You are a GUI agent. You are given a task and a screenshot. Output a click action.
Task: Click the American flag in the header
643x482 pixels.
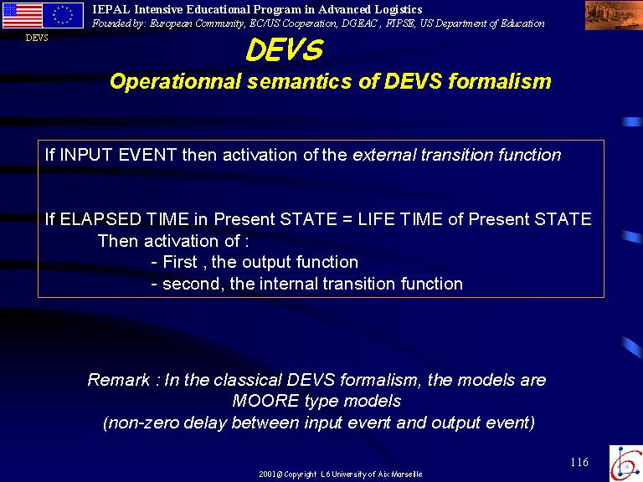(x=22, y=16)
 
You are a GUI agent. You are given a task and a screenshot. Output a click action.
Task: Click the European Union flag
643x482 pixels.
(x=63, y=16)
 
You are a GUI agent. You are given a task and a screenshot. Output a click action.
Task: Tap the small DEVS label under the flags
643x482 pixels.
(x=37, y=38)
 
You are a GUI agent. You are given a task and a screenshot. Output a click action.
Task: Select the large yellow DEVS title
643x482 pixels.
(x=285, y=50)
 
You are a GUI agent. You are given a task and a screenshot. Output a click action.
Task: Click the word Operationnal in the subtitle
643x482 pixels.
(x=176, y=81)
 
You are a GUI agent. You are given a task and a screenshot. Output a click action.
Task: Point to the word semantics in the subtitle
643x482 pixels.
(x=300, y=81)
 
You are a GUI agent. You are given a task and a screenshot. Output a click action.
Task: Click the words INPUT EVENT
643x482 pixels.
(x=118, y=155)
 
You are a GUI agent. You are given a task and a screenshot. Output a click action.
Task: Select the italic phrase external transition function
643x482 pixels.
(x=457, y=155)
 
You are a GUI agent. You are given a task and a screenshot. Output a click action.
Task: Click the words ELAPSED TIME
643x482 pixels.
(x=125, y=219)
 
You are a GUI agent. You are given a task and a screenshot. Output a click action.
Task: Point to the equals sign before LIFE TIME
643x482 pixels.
(x=347, y=220)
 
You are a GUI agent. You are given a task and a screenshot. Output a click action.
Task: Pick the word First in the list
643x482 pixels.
(x=180, y=262)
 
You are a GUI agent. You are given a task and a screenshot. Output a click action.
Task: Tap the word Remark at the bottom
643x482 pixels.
(x=119, y=380)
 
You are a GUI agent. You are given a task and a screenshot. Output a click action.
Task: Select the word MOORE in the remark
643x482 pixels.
(x=265, y=401)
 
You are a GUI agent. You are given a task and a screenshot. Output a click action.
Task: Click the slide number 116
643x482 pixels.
(x=579, y=462)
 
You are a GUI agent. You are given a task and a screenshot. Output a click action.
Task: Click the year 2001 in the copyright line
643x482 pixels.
(x=267, y=474)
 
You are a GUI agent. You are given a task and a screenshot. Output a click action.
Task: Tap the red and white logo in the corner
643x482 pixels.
(x=625, y=463)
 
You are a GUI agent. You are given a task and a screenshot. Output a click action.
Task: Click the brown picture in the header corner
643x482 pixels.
(x=614, y=16)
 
